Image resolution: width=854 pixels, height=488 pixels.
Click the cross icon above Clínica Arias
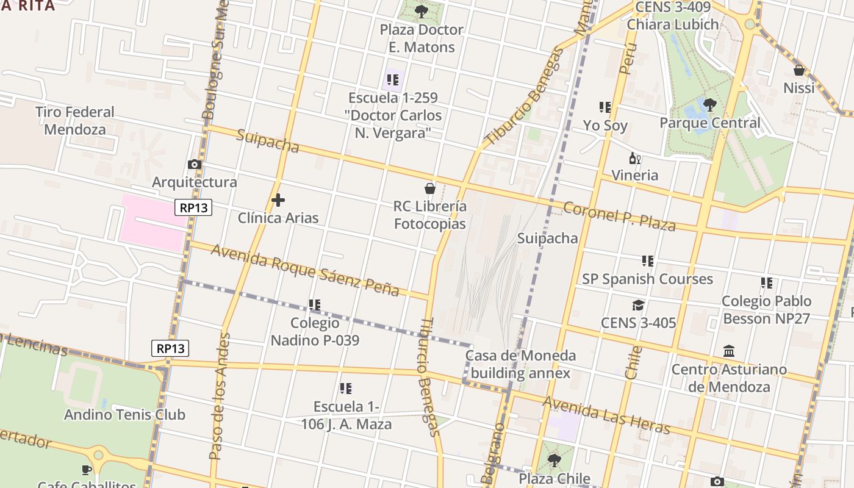pyautogui.click(x=278, y=200)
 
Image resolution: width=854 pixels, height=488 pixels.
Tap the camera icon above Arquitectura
pyautogui.click(x=195, y=164)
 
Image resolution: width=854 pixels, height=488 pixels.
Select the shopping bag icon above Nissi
pyautogui.click(x=799, y=70)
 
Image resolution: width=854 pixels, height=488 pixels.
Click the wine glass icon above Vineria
pyautogui.click(x=635, y=159)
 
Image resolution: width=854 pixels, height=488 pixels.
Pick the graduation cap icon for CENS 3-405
pyautogui.click(x=638, y=305)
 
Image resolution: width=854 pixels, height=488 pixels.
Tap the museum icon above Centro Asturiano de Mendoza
pyautogui.click(x=729, y=351)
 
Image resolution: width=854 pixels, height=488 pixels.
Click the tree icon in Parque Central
pyautogui.click(x=709, y=105)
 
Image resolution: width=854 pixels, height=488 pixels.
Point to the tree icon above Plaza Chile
pyautogui.click(x=554, y=460)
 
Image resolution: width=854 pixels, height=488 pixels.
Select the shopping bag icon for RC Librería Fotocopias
pyautogui.click(x=430, y=188)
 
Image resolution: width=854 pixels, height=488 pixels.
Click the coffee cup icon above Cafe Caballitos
pyautogui.click(x=87, y=470)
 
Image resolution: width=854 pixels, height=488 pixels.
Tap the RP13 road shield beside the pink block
pyautogui.click(x=194, y=207)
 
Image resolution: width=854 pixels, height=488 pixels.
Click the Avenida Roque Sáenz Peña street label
pyautogui.click(x=305, y=270)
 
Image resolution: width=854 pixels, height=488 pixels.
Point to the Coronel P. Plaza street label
pyautogui.click(x=619, y=217)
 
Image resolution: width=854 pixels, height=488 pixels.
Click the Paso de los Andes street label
pyautogui.click(x=220, y=396)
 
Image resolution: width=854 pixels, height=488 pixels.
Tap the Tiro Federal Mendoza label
pyautogui.click(x=75, y=120)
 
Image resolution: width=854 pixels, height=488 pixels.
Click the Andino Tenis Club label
pyautogui.click(x=124, y=415)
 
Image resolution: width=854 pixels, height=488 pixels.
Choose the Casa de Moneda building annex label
pyautogui.click(x=520, y=364)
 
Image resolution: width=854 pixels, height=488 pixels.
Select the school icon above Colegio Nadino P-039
pyautogui.click(x=315, y=304)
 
